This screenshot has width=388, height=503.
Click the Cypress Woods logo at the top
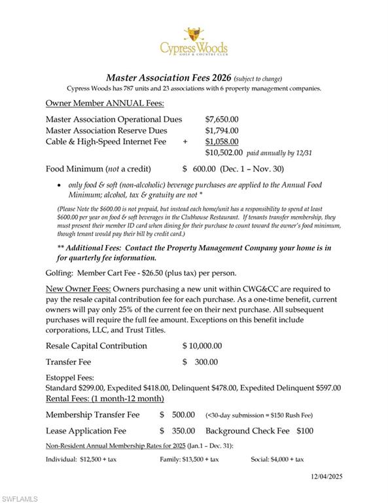click(194, 41)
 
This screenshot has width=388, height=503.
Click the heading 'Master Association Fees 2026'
click(168, 77)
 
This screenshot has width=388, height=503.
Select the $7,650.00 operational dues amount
click(222, 119)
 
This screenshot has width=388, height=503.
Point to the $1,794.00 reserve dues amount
click(222, 130)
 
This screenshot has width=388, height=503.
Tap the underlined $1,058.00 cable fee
click(222, 141)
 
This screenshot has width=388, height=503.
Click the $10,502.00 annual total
click(224, 153)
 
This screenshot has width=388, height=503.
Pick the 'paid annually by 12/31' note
click(279, 153)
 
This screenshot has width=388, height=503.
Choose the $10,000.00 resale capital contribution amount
click(202, 346)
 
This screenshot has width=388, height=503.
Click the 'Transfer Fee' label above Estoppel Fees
click(68, 362)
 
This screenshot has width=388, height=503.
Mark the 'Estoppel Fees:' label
click(69, 378)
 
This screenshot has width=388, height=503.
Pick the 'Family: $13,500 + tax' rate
click(189, 459)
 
